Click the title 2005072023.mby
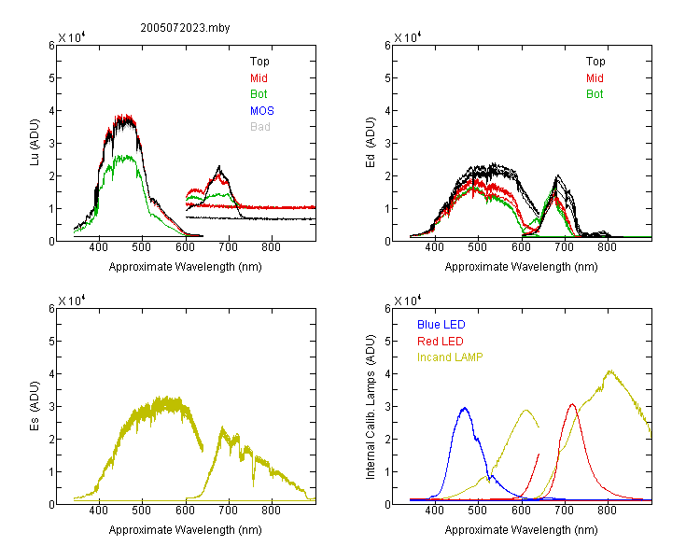pos(185,28)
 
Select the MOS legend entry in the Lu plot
pos(262,110)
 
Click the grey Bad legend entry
pos(260,127)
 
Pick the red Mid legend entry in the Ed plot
pos(595,78)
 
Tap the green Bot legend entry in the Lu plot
pos(259,94)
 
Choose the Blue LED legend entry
pos(441,325)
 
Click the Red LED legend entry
pos(441,342)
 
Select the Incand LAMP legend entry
pos(450,357)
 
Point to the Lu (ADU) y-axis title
pos(35,143)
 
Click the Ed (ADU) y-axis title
pos(371,143)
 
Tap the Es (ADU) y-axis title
pos(35,406)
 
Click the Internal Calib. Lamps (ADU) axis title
pos(371,406)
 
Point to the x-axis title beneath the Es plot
pos(186,530)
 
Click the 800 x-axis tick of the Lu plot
pos(271,247)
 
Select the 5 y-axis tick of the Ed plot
pos(387,78)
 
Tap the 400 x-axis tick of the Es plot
pos(99,511)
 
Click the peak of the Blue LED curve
pos(465,408)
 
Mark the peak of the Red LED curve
pos(572,404)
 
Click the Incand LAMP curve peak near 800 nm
pos(610,371)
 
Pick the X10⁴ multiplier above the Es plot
pos(72,301)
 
